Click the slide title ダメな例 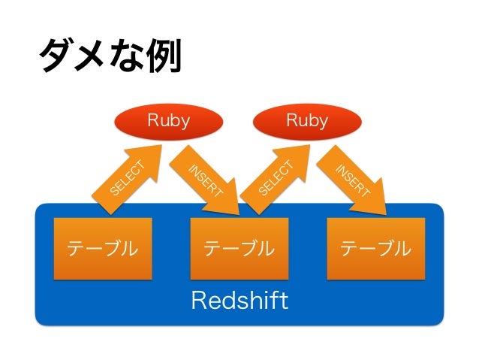tap(110, 55)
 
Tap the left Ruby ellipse tap(169, 122)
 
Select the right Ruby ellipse tap(307, 122)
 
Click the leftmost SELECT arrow tap(127, 179)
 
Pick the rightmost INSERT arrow tap(351, 180)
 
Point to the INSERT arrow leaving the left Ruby tap(204, 180)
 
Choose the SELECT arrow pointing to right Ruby tap(276, 179)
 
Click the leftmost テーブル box tap(103, 248)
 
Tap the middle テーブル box tap(239, 248)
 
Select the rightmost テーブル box tap(375, 248)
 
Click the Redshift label tap(239, 301)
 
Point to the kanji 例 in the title tap(164, 56)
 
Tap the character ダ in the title tap(56, 56)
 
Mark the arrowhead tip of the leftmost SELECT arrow tap(161, 145)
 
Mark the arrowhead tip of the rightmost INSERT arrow tap(386, 214)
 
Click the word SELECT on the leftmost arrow tap(127, 179)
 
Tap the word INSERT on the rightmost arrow tap(353, 181)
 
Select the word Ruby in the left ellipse tap(169, 121)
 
